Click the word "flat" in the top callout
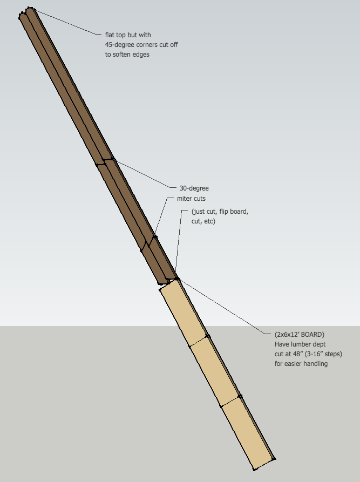[x=111, y=35]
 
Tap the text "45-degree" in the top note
[x=120, y=45]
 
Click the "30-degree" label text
[x=194, y=188]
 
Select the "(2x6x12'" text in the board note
[x=288, y=335]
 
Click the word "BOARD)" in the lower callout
[x=314, y=335]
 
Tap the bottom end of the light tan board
[x=263, y=463]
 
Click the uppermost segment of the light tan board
[x=184, y=313]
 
